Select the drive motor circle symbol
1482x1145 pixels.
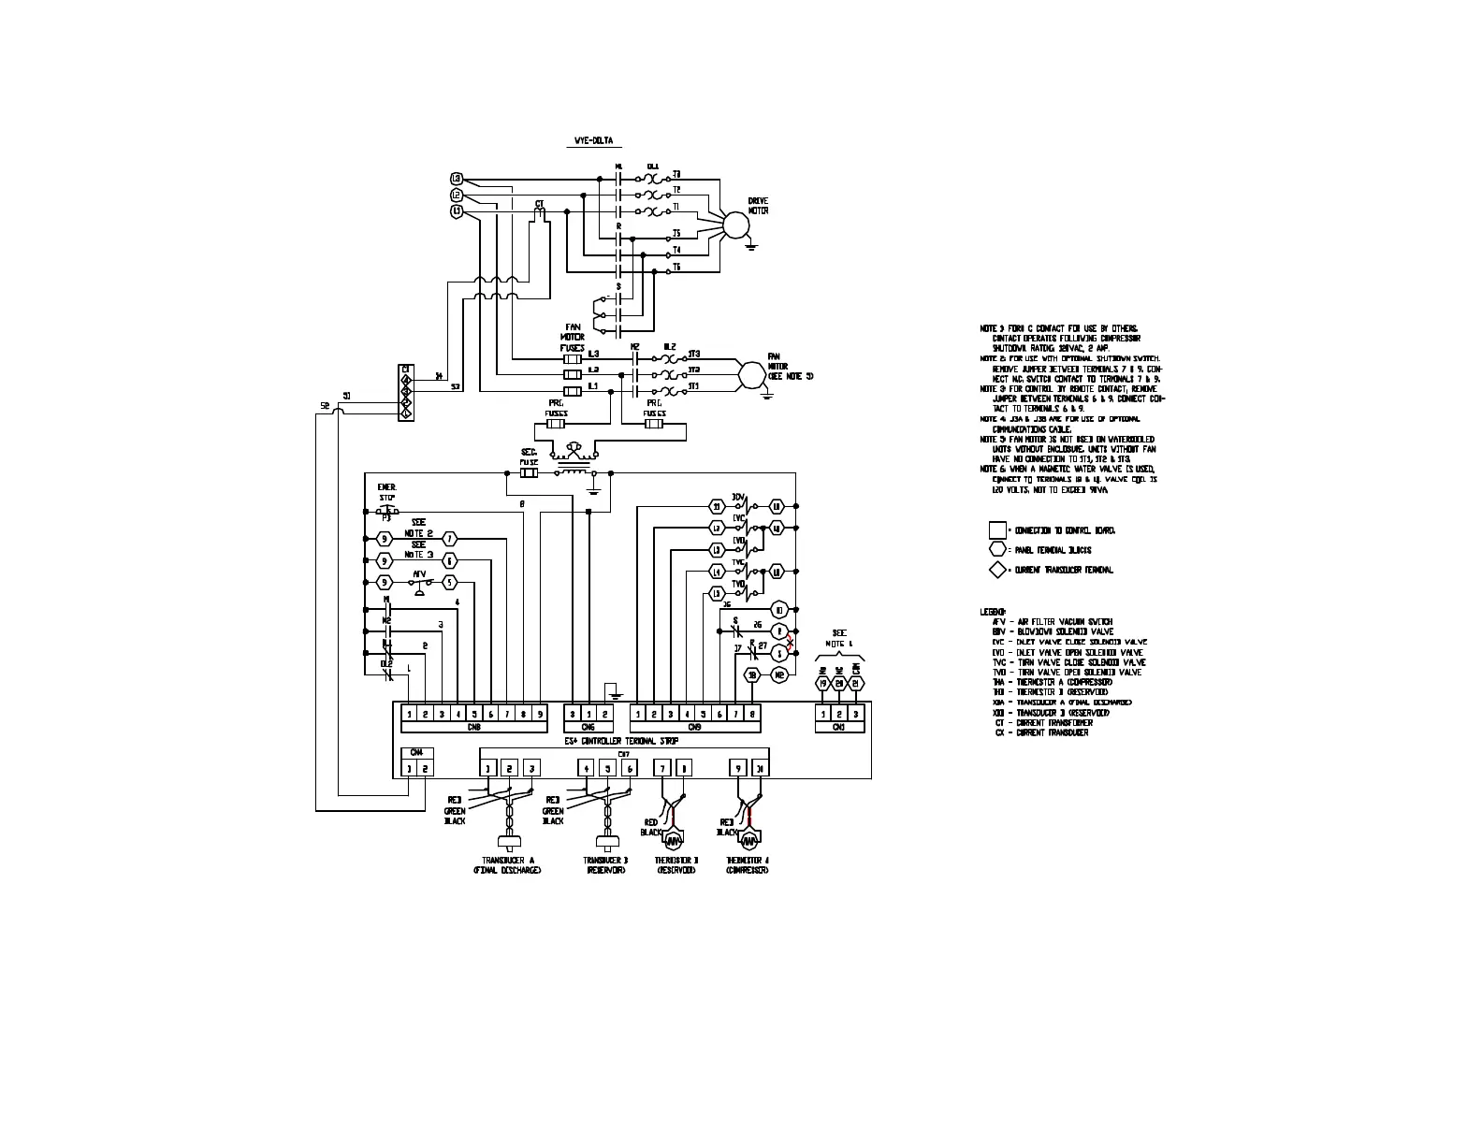pos(736,225)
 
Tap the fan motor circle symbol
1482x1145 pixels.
pos(750,372)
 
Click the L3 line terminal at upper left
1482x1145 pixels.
pos(457,179)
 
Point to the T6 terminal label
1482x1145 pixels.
pos(676,268)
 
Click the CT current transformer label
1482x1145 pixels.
pos(539,204)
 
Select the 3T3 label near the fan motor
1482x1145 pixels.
pos(693,355)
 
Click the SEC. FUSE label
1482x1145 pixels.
pos(530,457)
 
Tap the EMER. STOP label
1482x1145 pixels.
pos(386,492)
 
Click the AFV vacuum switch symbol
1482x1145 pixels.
pos(418,583)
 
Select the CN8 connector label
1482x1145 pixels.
pos(473,726)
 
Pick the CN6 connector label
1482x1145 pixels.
pos(588,726)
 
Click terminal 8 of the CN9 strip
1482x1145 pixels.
pos(752,714)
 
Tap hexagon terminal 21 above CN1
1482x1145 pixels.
pos(855,684)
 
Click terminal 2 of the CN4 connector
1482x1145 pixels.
pos(425,769)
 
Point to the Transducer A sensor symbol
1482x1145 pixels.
pos(509,839)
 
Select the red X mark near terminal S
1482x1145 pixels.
pos(791,644)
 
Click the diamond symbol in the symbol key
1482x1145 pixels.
pos(998,570)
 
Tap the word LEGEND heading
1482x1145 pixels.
pos(993,612)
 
